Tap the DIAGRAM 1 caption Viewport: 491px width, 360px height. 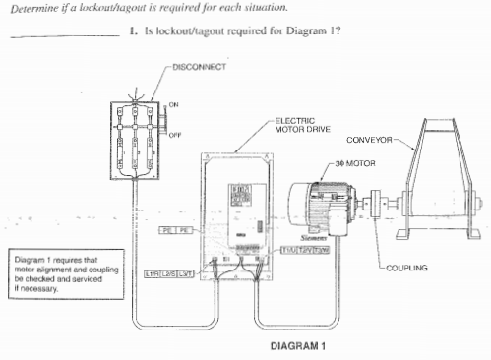(x=297, y=346)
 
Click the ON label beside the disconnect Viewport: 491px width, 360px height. (x=173, y=104)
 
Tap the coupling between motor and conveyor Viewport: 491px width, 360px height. (x=371, y=208)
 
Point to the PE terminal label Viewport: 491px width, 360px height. (x=174, y=229)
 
